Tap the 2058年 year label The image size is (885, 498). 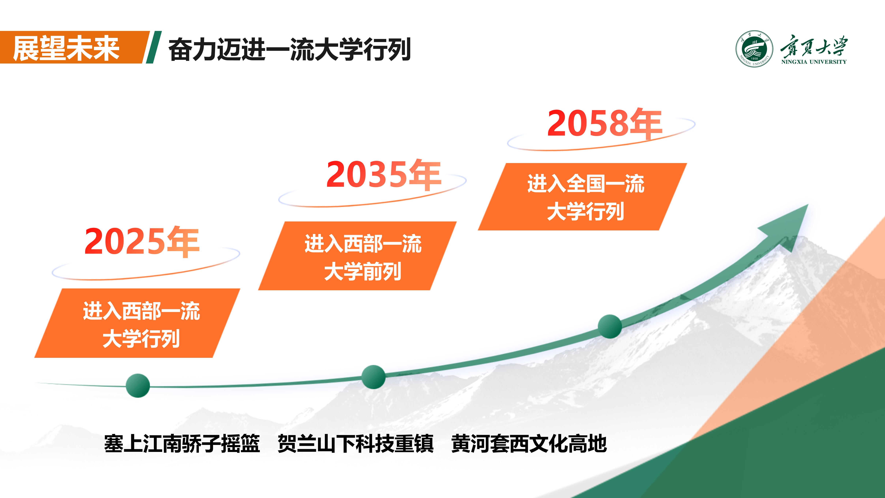click(x=605, y=123)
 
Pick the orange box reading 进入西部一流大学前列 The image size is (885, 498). click(x=357, y=256)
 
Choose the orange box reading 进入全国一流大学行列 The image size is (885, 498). click(x=582, y=197)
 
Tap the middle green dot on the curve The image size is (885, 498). click(x=373, y=377)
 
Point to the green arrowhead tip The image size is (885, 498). click(x=808, y=204)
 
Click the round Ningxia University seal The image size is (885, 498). click(x=754, y=49)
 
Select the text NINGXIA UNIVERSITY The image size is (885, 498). click(x=814, y=62)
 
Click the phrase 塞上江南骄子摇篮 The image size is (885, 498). click(x=182, y=443)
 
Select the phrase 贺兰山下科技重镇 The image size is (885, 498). click(x=356, y=443)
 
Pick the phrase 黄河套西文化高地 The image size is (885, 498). click(x=529, y=443)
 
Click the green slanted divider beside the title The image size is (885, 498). click(x=154, y=47)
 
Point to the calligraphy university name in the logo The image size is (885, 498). click(x=814, y=45)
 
